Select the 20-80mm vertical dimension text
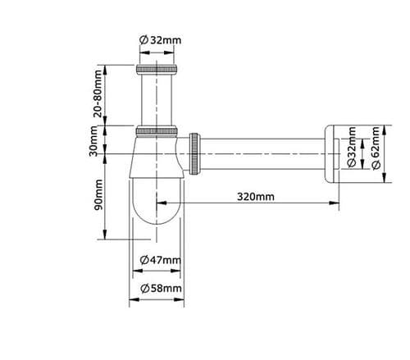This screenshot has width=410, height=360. tap(99, 95)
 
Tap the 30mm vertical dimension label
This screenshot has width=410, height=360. tap(99, 144)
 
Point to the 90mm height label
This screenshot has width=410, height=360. tap(99, 195)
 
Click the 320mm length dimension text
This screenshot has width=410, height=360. tap(255, 197)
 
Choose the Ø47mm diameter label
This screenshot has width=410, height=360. tap(159, 260)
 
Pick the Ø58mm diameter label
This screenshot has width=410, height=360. tap(160, 289)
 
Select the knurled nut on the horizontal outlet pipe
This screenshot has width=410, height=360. tap(197, 152)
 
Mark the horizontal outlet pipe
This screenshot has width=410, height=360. tap(262, 152)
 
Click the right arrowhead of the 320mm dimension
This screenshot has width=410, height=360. tap(336, 205)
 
